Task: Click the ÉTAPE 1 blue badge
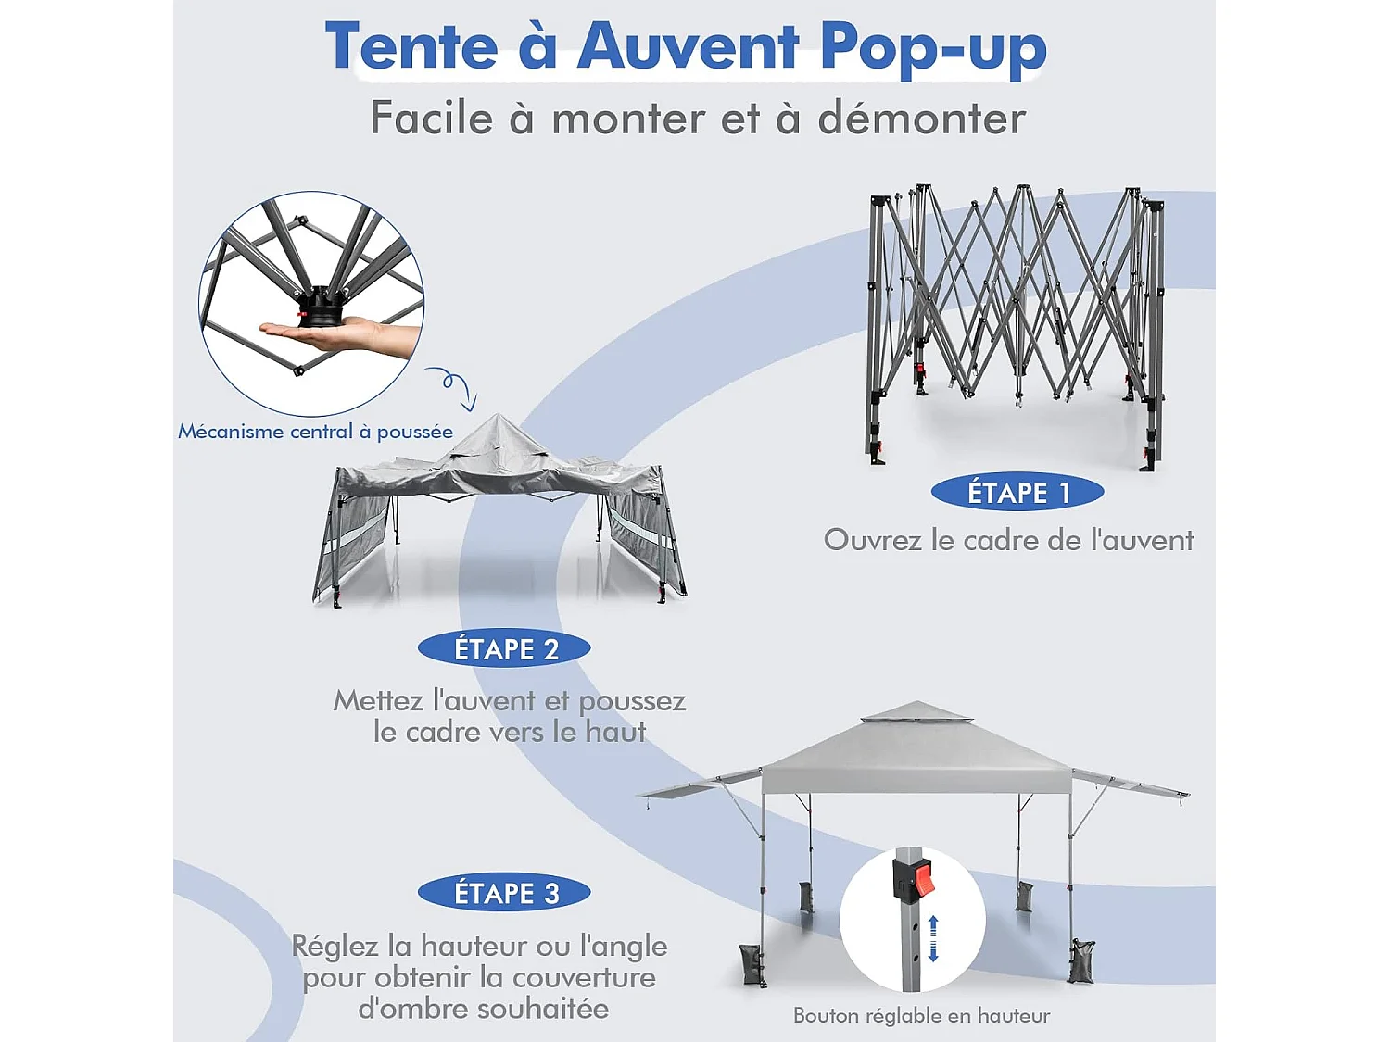pos(1017,493)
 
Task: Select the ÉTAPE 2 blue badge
pos(504,649)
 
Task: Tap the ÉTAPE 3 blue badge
pos(504,893)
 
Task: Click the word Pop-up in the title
pos(933,48)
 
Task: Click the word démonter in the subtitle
pos(921,119)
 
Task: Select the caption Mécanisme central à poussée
pos(315,432)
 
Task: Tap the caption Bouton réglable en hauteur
pos(921,1016)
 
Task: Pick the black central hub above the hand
pos(322,307)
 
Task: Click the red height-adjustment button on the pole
pos(922,878)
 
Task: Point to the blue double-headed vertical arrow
pos(933,938)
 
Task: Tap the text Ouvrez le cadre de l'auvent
pos(1008,540)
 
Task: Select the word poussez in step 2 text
pos(632,701)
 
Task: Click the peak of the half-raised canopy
pos(498,422)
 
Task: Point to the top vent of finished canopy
pos(916,712)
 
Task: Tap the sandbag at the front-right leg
pos(1081,961)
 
